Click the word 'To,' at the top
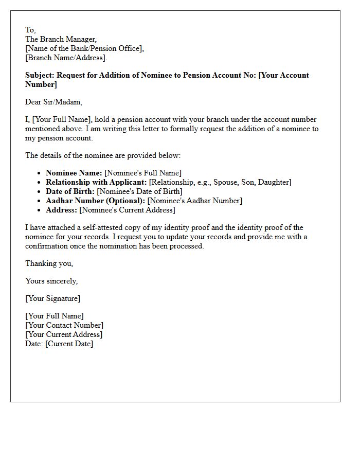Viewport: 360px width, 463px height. pos(30,30)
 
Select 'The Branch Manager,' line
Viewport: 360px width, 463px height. pos(61,39)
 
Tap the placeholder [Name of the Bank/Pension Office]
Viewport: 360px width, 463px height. pos(84,48)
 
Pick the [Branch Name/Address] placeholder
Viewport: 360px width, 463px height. pos(66,58)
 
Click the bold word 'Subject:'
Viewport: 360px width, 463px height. pos(40,75)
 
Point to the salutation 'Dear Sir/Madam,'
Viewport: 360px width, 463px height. pos(53,102)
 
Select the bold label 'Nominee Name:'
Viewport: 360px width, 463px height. pos(74,173)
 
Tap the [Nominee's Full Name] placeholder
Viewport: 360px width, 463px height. pos(143,173)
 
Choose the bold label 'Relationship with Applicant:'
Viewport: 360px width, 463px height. pos(96,182)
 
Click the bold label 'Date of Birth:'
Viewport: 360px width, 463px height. pos(70,191)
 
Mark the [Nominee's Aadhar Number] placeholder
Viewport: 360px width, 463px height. pos(194,201)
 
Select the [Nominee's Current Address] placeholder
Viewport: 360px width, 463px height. pos(127,210)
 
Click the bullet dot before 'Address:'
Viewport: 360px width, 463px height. pos(40,210)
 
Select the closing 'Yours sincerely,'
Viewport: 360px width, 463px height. pos(51,281)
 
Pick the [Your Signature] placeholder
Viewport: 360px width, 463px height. pos(52,298)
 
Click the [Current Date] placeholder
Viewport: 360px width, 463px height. pos(69,344)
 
